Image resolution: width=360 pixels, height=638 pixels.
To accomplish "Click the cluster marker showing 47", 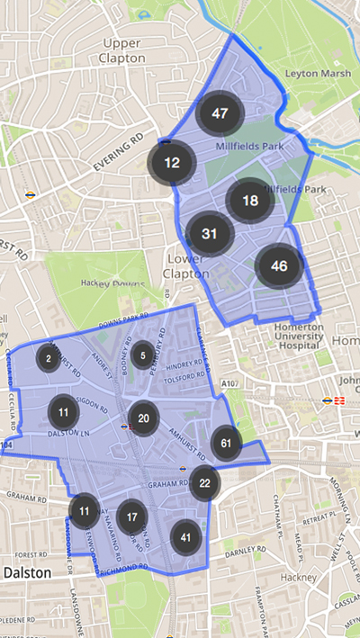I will click(x=218, y=113).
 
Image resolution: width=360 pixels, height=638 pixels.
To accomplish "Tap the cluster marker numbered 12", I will click(x=172, y=163).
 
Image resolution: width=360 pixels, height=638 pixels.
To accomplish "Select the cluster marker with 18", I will click(x=250, y=201).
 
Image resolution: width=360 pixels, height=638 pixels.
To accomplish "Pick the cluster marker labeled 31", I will click(x=210, y=234).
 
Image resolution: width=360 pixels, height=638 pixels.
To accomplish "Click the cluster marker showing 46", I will click(x=279, y=265).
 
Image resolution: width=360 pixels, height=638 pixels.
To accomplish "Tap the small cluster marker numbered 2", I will click(x=47, y=359).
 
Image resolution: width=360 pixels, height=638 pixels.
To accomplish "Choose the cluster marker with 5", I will click(x=142, y=356).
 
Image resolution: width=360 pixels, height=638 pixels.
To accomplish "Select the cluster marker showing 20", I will click(x=144, y=418).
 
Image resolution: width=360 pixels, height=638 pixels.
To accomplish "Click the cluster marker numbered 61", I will click(x=226, y=443).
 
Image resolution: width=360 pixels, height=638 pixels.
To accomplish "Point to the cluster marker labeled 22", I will click(x=204, y=483).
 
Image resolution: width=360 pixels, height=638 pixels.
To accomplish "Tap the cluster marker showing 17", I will click(x=132, y=517).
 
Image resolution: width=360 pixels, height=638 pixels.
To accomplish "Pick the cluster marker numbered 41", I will click(x=186, y=537).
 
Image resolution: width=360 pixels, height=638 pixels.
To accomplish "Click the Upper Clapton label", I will click(x=123, y=50).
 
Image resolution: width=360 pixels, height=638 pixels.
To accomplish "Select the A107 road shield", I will click(x=230, y=384).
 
